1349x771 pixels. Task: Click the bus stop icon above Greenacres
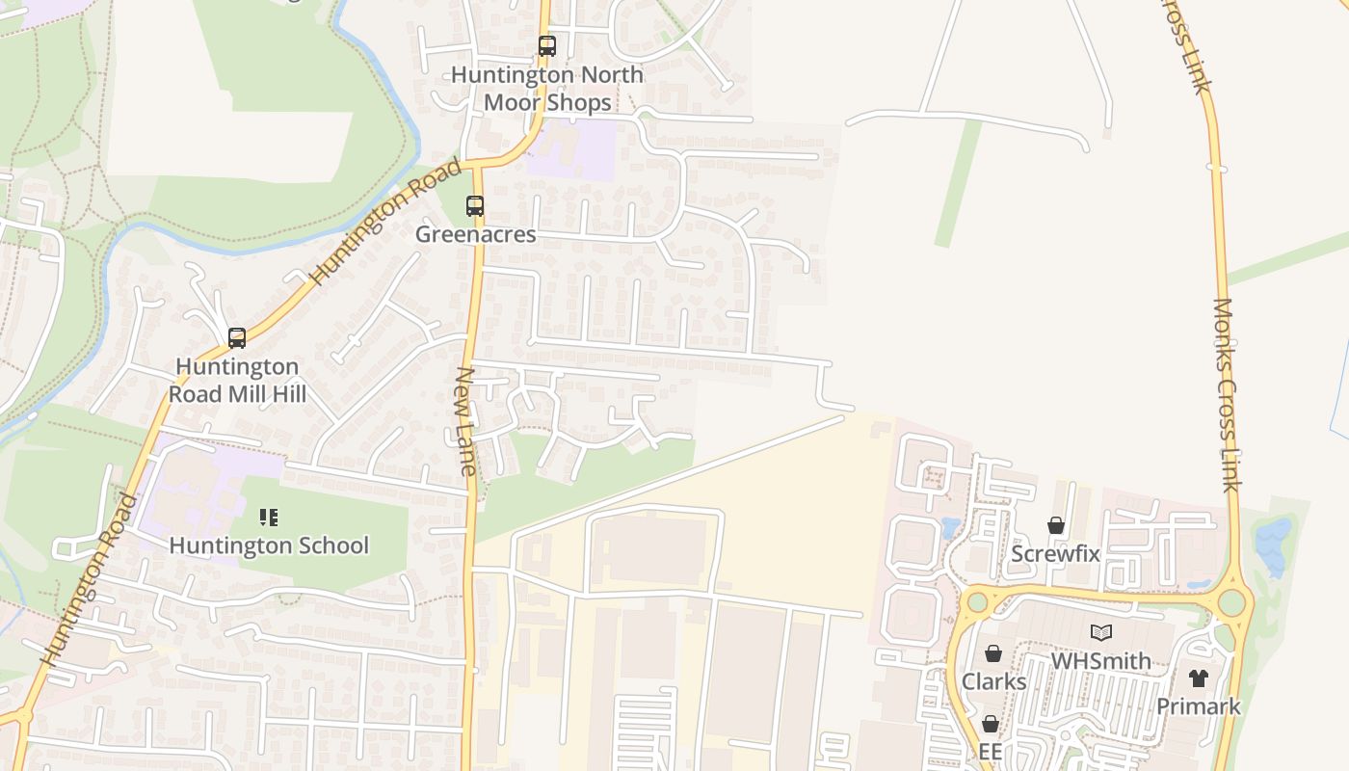(475, 206)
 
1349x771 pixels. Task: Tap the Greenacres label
(475, 234)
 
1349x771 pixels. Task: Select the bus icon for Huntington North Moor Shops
(546, 46)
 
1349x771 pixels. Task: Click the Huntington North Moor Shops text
(546, 88)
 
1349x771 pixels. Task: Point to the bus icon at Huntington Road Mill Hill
(237, 338)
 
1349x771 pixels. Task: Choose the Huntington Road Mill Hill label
(237, 381)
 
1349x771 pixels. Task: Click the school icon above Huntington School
(269, 518)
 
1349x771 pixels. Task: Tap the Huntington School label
(269, 545)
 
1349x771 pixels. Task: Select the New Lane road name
(466, 421)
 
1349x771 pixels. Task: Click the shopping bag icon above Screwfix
(1056, 525)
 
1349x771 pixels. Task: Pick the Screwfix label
(1055, 554)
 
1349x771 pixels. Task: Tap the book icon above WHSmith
(1100, 633)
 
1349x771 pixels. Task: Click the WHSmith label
(1100, 661)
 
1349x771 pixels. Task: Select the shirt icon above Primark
(1199, 678)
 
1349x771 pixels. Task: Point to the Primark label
(1199, 706)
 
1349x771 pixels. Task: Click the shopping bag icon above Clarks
(993, 654)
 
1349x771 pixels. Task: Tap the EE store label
(991, 752)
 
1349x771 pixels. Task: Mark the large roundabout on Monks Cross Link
(1231, 603)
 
